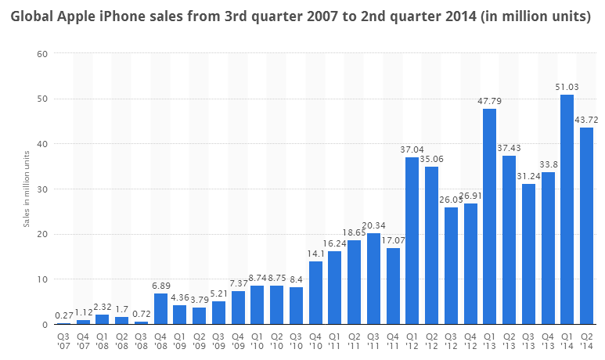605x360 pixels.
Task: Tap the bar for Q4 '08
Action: pos(161,309)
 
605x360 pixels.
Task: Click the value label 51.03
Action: pos(567,87)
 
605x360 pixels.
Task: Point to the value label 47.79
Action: pos(490,101)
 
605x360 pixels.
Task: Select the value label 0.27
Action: pos(64,315)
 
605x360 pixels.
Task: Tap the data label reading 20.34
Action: pos(374,225)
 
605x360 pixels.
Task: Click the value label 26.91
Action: pos(470,196)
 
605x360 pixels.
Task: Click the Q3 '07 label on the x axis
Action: pos(64,339)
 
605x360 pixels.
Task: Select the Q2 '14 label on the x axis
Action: pos(586,339)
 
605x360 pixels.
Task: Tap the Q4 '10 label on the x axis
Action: pos(315,339)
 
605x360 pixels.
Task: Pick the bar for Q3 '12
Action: pos(452,266)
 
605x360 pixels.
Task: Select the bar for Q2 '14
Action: pos(586,226)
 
